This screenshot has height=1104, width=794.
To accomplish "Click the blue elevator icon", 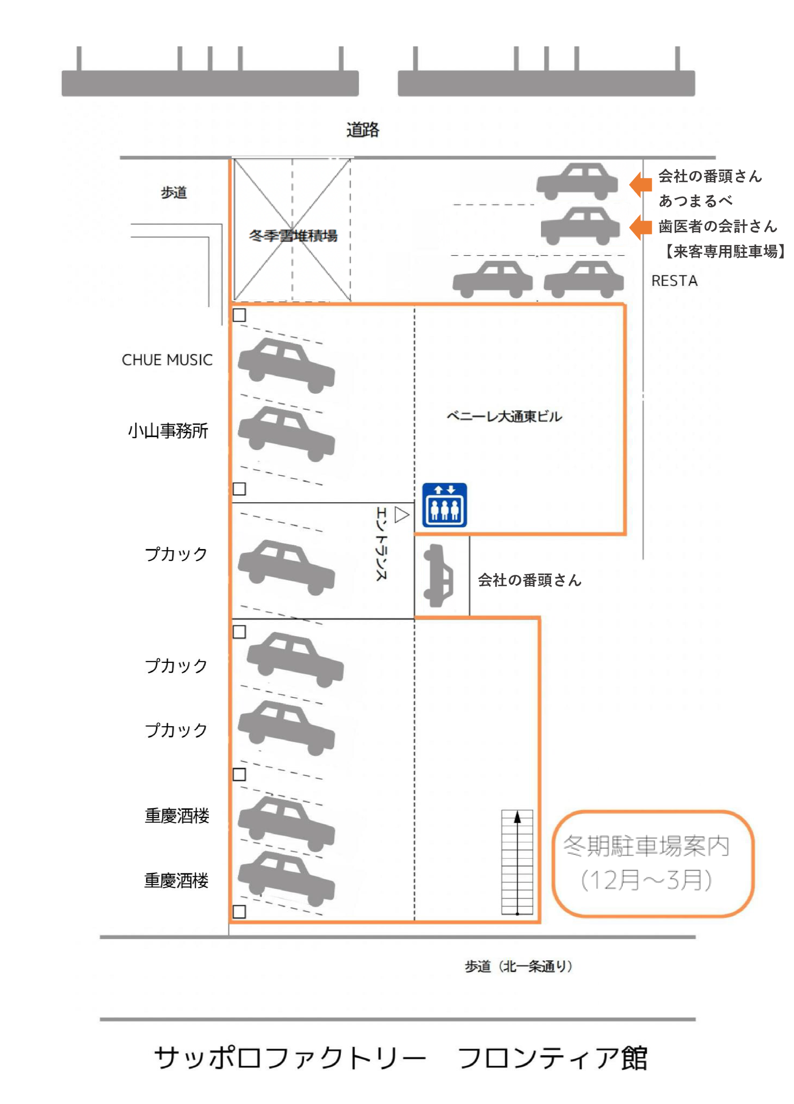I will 444,505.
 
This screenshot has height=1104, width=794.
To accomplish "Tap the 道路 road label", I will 363,130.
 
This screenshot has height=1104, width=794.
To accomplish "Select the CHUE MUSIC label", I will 167,360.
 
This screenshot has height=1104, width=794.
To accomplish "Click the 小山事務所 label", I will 168,431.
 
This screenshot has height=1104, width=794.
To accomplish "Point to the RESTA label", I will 674,281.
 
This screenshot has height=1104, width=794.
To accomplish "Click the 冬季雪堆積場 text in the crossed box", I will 293,235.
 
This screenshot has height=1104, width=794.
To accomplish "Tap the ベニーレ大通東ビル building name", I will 504,416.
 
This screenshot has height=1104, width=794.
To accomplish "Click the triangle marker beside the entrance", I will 401,514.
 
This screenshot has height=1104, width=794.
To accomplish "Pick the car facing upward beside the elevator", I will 438,576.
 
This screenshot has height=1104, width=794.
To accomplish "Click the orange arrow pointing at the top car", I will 641,184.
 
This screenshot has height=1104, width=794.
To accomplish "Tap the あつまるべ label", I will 695,200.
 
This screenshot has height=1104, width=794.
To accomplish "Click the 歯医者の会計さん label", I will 717,226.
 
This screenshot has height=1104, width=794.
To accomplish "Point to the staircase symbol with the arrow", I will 517,862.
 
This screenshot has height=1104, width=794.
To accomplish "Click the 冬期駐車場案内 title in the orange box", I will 646,846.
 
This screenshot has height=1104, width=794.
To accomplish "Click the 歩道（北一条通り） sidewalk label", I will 519,966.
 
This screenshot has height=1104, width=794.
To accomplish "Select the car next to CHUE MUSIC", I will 286,365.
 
